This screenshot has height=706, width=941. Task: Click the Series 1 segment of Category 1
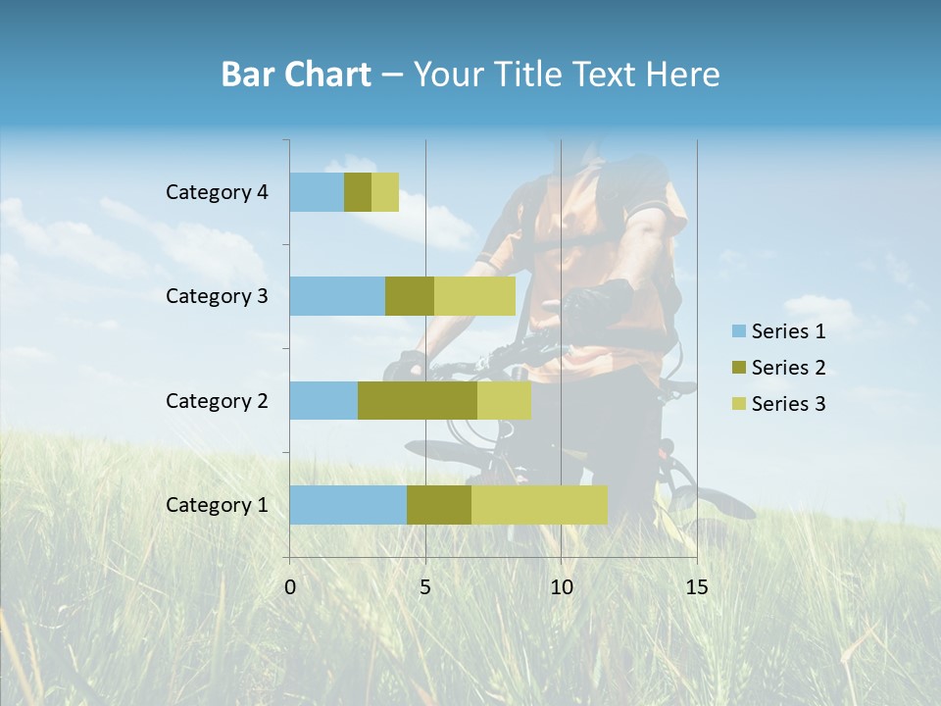point(348,505)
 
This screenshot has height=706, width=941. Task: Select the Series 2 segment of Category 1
point(439,505)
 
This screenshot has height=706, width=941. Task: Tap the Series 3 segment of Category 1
point(539,505)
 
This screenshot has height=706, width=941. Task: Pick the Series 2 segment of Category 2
point(418,400)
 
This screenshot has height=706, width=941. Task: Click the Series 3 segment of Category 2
point(504,400)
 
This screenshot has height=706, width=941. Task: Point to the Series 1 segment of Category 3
point(337,296)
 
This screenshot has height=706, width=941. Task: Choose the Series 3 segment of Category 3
point(474,296)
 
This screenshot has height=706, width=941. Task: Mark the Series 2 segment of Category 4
point(358,192)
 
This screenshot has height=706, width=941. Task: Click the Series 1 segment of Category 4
point(317,192)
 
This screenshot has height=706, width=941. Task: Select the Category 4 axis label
point(217,192)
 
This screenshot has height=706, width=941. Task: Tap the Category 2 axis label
point(217,400)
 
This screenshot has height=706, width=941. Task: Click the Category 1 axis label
point(217,505)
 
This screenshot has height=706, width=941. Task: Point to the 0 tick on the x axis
point(290,587)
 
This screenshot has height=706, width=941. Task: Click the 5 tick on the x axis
point(425,587)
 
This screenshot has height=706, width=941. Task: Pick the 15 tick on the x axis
point(696,587)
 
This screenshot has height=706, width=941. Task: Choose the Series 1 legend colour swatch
point(738,331)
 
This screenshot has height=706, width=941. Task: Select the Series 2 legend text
point(788,368)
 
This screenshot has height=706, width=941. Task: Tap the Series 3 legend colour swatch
point(738,404)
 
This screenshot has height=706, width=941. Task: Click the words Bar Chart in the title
point(296,75)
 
